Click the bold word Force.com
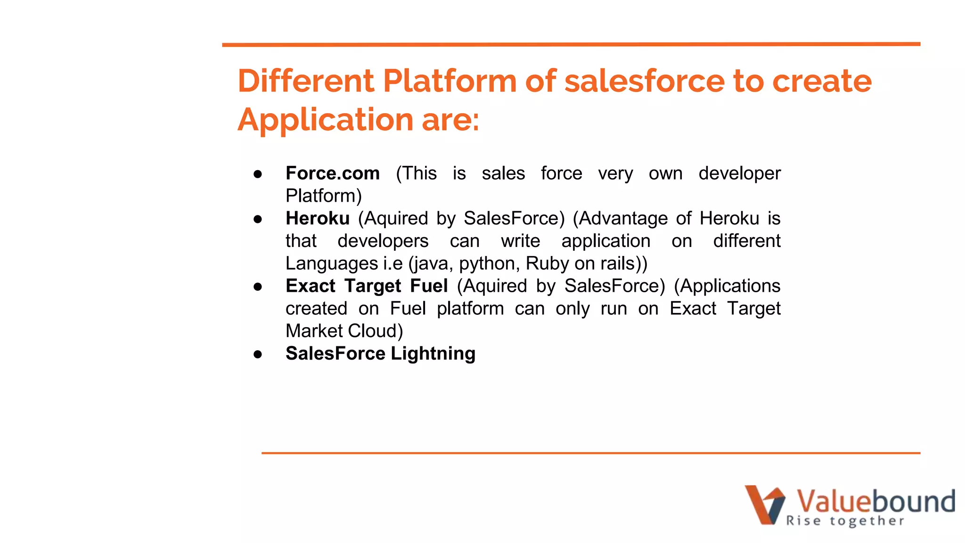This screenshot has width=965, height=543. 332,173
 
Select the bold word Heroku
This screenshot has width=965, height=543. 317,219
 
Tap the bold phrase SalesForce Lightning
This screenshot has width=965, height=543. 380,354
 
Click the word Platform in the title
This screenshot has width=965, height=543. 450,81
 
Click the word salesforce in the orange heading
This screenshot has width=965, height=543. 644,81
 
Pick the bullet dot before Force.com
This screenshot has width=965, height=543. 258,174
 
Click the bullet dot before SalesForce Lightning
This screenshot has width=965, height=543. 258,354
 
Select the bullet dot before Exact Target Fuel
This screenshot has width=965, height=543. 258,287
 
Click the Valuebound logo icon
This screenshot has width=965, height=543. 764,504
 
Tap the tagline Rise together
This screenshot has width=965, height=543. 845,521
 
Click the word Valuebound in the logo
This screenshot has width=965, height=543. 875,501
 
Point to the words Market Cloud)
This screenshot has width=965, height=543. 344,331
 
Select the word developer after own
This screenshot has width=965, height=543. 739,173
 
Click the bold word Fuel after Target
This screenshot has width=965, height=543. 429,286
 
